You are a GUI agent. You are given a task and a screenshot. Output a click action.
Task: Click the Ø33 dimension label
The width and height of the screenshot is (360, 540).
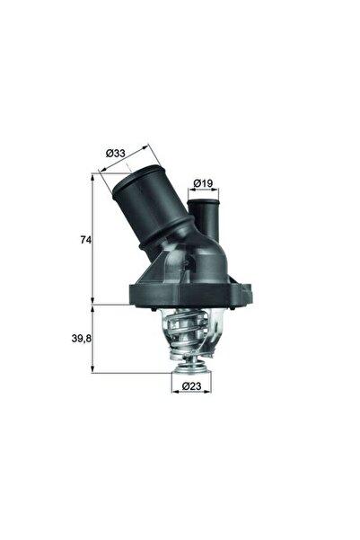coord(115,153)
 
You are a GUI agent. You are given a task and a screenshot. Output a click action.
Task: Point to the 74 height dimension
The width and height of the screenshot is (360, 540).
coord(86,240)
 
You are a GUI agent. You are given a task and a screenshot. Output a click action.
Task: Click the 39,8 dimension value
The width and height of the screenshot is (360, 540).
coord(81,338)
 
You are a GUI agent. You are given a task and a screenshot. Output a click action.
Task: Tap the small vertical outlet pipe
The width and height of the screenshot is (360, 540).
coord(203,219)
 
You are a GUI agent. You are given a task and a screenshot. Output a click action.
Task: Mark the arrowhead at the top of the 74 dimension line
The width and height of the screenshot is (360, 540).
coord(94,177)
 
